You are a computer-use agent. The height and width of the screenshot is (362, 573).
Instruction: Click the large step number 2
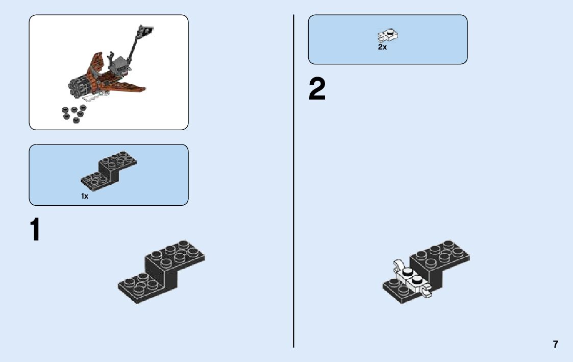(317, 90)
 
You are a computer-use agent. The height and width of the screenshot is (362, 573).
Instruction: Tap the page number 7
(556, 344)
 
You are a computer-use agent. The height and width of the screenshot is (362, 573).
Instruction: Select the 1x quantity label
(85, 196)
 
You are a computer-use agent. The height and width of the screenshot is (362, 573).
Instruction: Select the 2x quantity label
(382, 47)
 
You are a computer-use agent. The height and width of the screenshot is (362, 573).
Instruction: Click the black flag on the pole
(146, 32)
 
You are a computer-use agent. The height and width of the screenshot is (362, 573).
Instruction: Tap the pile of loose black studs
(73, 113)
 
